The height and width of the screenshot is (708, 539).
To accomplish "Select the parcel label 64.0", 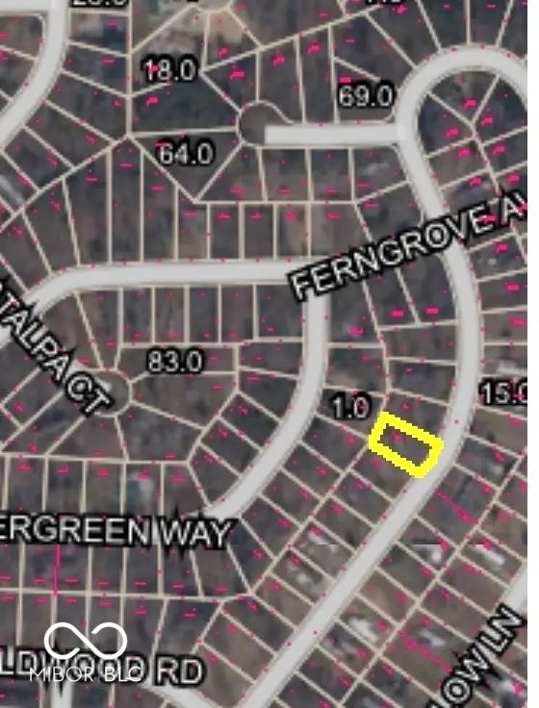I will click(184, 152).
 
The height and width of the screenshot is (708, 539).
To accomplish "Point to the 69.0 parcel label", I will click(366, 96).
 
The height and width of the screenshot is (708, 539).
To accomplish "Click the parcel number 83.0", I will click(174, 362).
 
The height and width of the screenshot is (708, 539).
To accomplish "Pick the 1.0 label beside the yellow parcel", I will click(350, 407).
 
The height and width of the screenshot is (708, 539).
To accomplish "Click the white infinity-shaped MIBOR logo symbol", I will click(86, 643).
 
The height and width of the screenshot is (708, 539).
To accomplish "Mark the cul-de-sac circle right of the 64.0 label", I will click(257, 123).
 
